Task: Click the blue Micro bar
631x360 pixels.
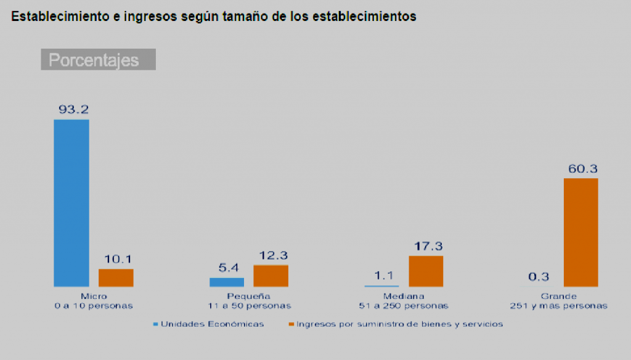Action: coord(71,203)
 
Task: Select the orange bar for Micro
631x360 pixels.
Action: coord(116,277)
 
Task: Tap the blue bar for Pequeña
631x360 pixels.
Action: coord(227,282)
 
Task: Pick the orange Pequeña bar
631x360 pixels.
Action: coord(271,276)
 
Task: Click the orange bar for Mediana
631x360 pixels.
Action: coord(426,271)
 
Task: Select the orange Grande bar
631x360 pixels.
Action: coord(580,232)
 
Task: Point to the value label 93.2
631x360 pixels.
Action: coord(74,110)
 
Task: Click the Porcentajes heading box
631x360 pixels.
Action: coord(98,60)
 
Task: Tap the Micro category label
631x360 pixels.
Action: coord(94,297)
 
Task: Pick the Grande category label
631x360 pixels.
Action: coord(559,297)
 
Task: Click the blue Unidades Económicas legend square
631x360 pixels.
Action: coord(156,324)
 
